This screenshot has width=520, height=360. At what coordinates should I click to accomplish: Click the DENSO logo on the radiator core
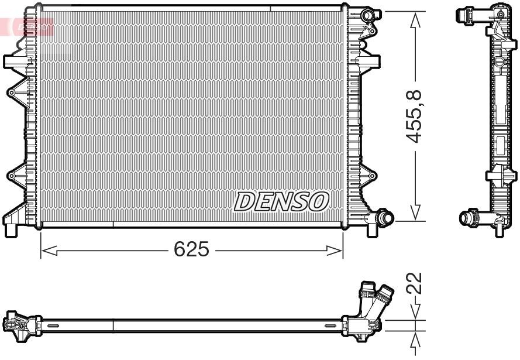coord(281,201)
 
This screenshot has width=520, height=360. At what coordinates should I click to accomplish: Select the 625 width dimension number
coord(191,250)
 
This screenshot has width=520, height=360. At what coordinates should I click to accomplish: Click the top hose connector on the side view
coord(468,15)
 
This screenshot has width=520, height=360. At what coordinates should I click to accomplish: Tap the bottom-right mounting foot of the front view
coord(372,228)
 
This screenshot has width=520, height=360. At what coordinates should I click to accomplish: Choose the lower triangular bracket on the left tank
coord(15,175)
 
